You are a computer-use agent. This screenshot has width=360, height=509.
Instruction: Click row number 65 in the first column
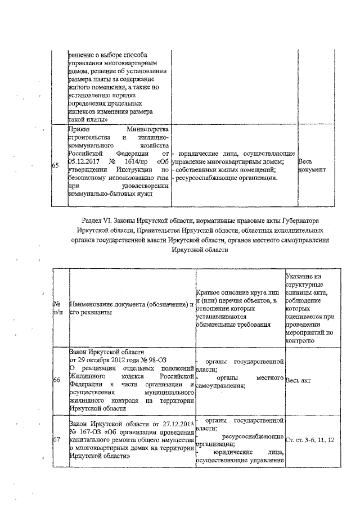(56, 165)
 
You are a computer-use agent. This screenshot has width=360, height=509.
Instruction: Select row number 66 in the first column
(56, 380)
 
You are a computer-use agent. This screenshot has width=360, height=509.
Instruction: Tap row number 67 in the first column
(56, 439)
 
